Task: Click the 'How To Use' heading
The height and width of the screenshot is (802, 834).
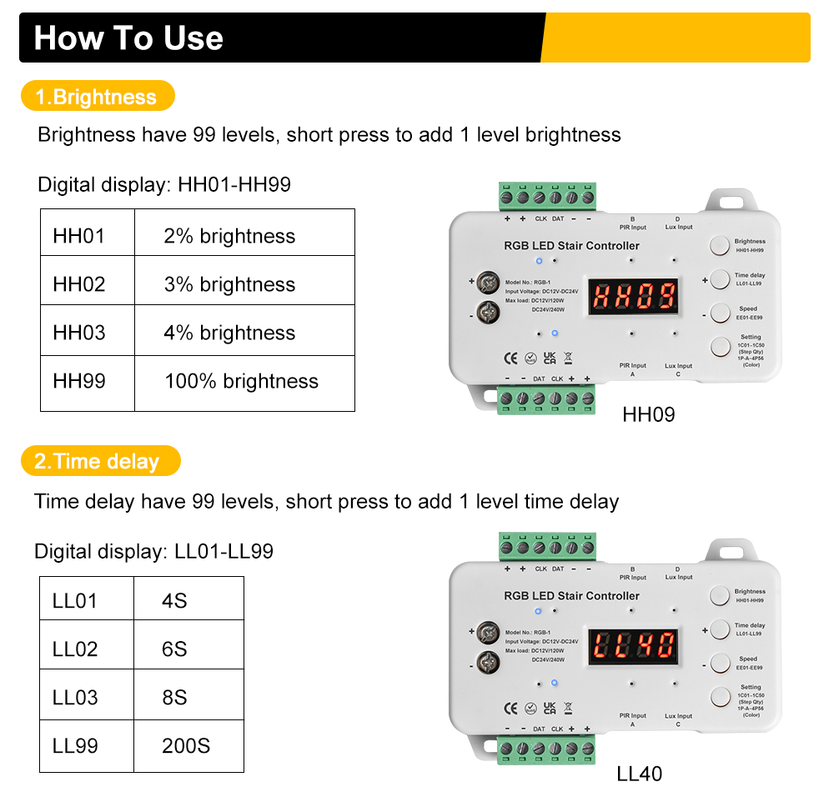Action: [128, 38]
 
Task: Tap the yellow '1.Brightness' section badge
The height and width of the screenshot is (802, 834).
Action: [97, 97]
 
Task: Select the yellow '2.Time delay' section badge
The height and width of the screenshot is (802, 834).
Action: [98, 461]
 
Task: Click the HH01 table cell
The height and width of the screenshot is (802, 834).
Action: [80, 236]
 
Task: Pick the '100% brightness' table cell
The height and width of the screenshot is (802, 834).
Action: [242, 382]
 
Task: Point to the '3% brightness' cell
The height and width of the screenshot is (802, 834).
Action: [230, 284]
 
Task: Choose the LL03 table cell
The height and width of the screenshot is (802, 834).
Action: [76, 698]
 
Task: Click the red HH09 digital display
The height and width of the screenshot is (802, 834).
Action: [634, 295]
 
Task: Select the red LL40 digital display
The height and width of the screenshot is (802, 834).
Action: [634, 645]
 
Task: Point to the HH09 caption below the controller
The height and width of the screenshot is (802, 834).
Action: [649, 414]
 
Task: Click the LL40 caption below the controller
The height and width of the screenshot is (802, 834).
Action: [640, 774]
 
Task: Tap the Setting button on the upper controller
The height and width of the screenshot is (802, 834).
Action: [719, 346]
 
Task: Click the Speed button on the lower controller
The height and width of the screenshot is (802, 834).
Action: [719, 664]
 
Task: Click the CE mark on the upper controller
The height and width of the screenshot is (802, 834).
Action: [511, 358]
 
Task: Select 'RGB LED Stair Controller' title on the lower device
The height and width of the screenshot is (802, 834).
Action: [571, 596]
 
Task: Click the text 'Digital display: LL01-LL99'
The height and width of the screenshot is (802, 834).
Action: [153, 551]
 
